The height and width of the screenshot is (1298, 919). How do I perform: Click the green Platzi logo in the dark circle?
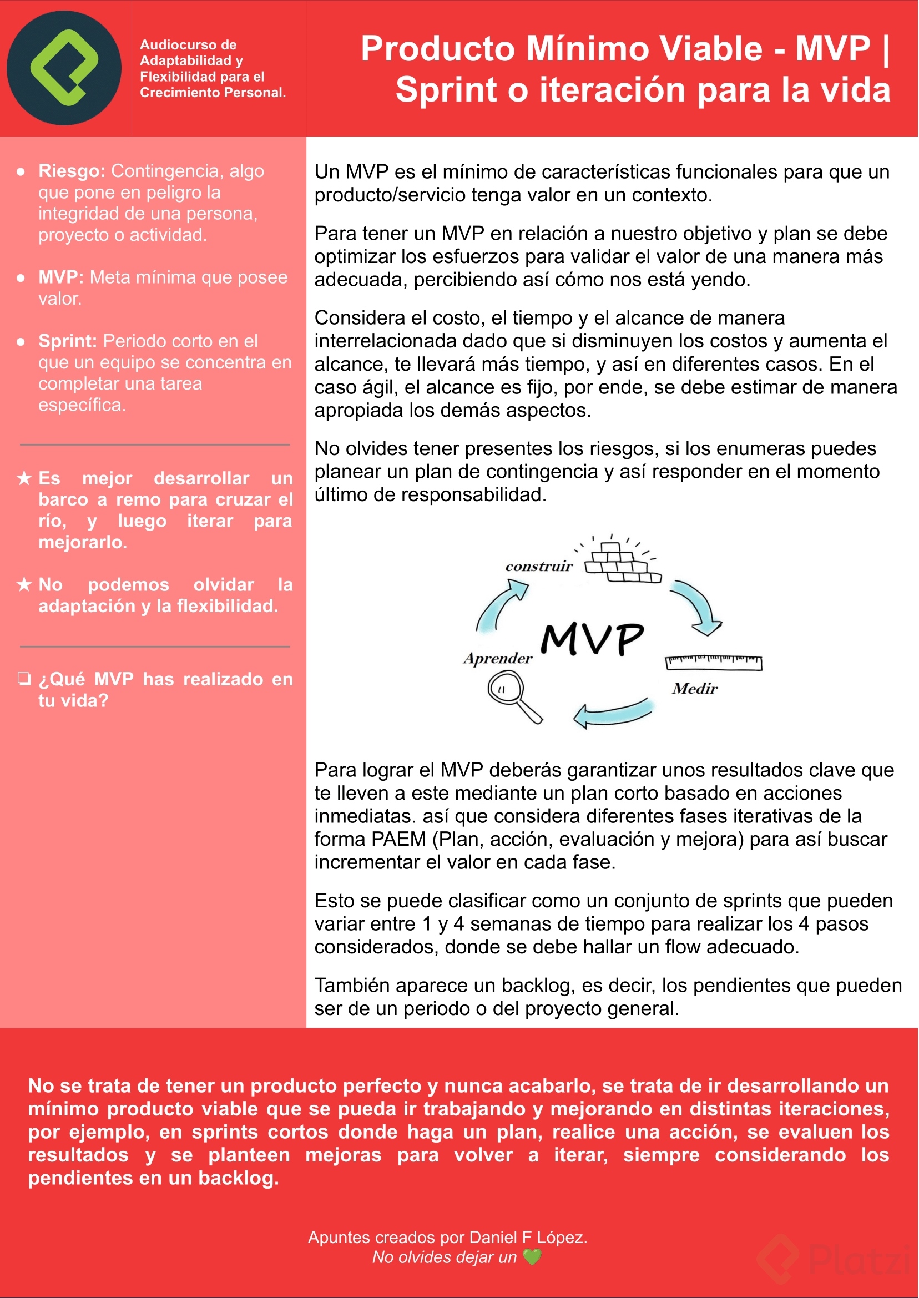pyautogui.click(x=64, y=67)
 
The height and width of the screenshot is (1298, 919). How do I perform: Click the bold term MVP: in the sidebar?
pyautogui.click(x=60, y=277)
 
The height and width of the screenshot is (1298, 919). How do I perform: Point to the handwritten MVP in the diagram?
pyautogui.click(x=592, y=639)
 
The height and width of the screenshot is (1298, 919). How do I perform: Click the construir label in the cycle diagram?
pyautogui.click(x=539, y=567)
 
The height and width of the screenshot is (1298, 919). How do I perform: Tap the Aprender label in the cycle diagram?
pyautogui.click(x=497, y=658)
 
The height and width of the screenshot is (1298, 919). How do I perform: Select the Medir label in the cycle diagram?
pyautogui.click(x=695, y=689)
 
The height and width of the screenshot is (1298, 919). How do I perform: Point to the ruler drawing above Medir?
pyautogui.click(x=713, y=662)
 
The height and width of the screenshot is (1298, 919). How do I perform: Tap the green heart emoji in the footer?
pyautogui.click(x=532, y=1257)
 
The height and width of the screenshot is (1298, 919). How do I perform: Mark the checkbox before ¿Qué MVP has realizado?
pyautogui.click(x=24, y=679)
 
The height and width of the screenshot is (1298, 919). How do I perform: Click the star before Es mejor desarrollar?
pyautogui.click(x=24, y=479)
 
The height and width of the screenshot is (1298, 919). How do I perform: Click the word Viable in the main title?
pyautogui.click(x=711, y=49)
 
